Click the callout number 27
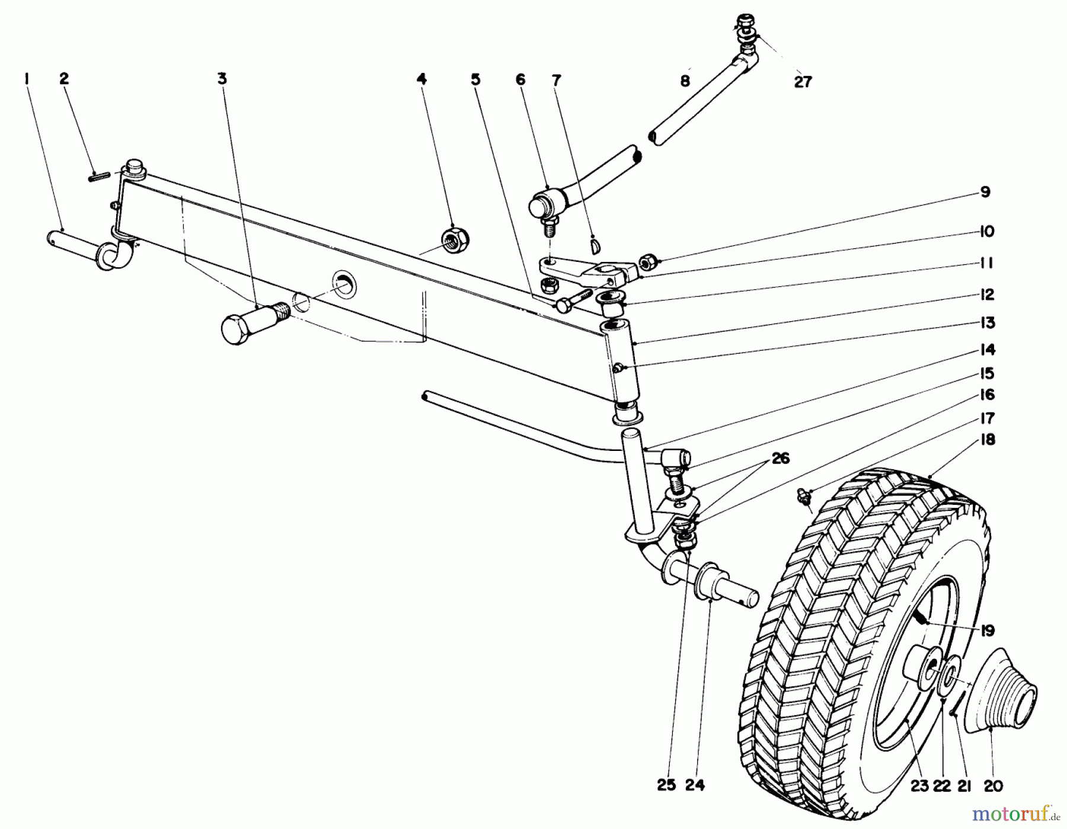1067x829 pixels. click(x=803, y=82)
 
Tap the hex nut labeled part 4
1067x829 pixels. click(x=455, y=239)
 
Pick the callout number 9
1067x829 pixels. click(x=985, y=192)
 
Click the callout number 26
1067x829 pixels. click(x=781, y=459)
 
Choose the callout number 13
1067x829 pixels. click(x=987, y=323)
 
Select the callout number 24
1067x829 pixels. click(x=695, y=786)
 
